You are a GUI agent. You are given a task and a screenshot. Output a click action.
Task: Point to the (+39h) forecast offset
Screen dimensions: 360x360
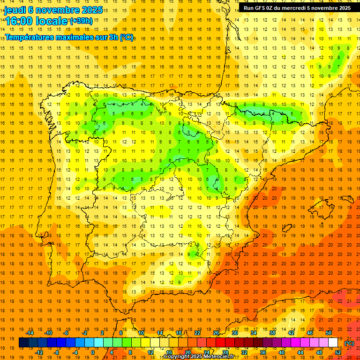tap(81, 21)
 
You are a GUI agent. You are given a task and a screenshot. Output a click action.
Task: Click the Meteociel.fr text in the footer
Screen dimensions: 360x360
tap(222, 357)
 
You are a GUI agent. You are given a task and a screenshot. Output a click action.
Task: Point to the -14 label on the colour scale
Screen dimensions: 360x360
tap(30, 333)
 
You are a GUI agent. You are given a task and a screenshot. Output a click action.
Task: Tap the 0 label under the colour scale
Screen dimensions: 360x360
tap(92, 352)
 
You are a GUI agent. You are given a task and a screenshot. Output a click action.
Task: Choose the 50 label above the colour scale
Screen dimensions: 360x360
tap(329, 333)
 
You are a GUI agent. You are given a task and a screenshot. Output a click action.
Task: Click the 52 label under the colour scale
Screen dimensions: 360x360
tap(338, 352)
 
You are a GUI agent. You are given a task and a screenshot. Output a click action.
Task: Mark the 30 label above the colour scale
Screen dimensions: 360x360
tap(235, 333)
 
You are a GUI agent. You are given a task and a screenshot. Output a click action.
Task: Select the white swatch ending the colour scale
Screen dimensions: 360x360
tap(333, 343)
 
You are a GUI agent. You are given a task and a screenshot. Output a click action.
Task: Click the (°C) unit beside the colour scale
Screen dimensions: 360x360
tap(349, 343)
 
